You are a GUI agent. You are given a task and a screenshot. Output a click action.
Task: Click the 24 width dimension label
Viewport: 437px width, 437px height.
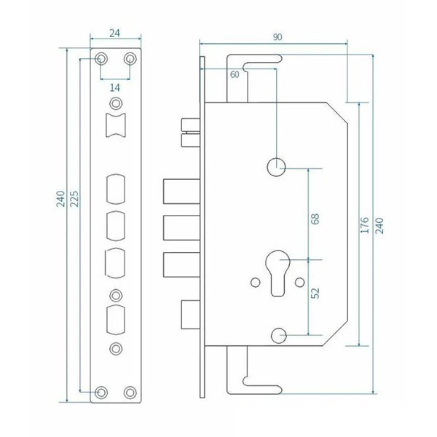point(114,34)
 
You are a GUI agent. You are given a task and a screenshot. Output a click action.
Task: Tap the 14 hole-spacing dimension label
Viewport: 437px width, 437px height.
point(115,88)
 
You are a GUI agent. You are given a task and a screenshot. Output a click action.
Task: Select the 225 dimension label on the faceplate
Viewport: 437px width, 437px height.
point(74,199)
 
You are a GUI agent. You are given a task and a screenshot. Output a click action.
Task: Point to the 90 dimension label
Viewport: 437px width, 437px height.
point(277,37)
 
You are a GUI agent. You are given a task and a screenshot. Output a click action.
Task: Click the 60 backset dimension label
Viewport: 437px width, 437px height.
point(235,74)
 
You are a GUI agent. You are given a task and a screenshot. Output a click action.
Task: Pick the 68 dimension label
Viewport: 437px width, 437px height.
point(315,219)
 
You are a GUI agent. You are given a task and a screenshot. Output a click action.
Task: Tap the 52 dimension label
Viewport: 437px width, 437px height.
point(315,294)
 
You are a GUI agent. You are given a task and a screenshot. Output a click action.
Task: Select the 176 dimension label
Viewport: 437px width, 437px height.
point(365,225)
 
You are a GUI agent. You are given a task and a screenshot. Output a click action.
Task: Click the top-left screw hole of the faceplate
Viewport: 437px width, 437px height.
point(101,59)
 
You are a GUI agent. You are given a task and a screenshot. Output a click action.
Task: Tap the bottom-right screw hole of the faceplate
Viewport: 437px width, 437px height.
point(130,393)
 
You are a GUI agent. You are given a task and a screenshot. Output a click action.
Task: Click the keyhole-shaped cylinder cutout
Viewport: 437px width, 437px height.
point(277,273)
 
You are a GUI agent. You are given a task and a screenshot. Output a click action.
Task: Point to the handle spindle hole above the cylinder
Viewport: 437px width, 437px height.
point(276,168)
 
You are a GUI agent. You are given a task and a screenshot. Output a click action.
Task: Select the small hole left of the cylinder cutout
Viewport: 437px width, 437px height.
point(256,283)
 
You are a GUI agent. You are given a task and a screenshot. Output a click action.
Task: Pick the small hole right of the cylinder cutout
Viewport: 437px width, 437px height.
point(300,283)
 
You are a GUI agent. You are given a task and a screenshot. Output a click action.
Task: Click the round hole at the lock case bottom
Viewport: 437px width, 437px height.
point(279,335)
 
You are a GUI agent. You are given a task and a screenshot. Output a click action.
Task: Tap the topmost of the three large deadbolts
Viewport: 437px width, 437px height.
point(181,191)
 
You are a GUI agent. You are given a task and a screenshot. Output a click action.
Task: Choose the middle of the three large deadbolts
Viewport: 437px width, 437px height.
point(181,228)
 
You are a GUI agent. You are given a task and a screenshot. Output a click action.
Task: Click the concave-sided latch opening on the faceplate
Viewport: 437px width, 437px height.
point(116,125)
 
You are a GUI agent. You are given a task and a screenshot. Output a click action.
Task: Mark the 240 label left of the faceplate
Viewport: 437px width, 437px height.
point(60,199)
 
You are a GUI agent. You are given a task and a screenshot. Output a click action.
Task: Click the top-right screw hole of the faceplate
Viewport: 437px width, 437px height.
point(130,59)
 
